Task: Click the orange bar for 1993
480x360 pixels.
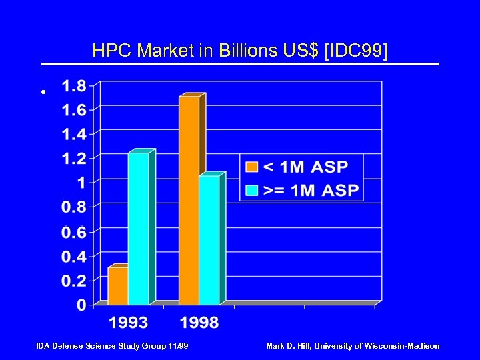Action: coord(118,286)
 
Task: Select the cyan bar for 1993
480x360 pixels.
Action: coord(139,229)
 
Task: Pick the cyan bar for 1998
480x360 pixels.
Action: coord(209,240)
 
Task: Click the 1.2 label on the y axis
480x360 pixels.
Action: coord(73,159)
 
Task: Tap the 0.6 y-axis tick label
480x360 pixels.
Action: coord(73,232)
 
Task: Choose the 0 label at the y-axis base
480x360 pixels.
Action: coord(82,305)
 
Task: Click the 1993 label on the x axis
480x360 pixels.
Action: coord(129,323)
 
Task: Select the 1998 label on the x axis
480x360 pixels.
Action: coord(199,323)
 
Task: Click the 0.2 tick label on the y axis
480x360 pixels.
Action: coord(73,281)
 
